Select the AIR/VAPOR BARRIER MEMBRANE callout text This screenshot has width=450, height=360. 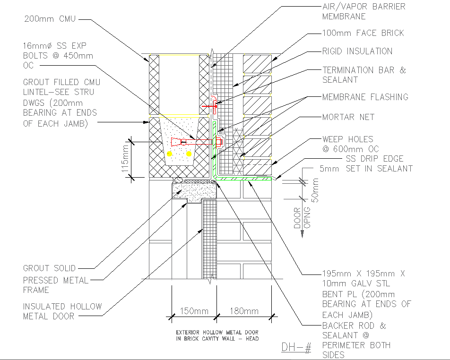coord(363,12)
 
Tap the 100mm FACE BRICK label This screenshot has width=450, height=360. coord(363,33)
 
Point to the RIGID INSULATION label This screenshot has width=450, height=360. coord(357,51)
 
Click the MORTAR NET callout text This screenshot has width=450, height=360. coord(348,117)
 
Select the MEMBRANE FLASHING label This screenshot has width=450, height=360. coord(365,97)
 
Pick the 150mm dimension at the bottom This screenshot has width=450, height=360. coord(193,311)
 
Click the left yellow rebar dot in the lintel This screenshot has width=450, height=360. coord(170,154)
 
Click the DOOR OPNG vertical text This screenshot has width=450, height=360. coord(303,218)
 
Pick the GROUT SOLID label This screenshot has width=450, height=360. coord(49,268)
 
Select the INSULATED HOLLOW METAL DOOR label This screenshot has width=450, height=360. coord(62,311)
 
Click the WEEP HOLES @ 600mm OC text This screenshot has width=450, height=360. coord(350,144)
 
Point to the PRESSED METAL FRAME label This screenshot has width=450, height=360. coord(56,285)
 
